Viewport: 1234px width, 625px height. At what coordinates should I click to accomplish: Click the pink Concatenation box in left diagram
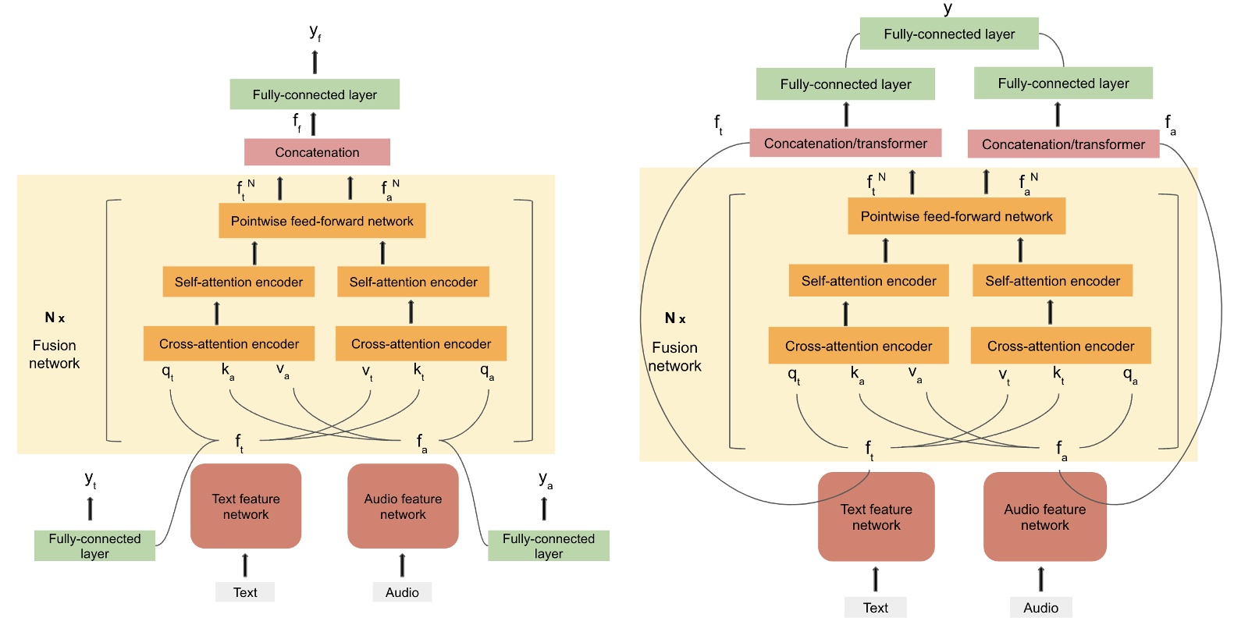[x=317, y=152]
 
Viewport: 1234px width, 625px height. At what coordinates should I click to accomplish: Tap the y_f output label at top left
[x=315, y=32]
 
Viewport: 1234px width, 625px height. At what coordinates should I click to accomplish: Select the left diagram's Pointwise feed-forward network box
[x=322, y=221]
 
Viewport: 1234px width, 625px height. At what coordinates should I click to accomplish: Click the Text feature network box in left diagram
[x=246, y=506]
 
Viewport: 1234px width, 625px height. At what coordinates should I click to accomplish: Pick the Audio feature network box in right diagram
[x=1044, y=517]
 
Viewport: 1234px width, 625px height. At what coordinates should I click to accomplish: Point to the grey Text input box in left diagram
[x=245, y=592]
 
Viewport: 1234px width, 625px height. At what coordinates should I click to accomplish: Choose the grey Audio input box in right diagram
[x=1040, y=608]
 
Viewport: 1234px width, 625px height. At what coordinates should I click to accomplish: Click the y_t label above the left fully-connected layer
[x=91, y=480]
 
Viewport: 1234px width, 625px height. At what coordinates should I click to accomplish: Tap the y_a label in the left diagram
[x=546, y=480]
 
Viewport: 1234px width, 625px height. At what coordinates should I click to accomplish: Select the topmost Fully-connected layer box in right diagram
[x=949, y=34]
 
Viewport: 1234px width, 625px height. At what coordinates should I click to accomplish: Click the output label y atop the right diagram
[x=948, y=8]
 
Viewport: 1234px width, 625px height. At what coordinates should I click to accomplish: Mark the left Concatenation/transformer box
[x=845, y=144]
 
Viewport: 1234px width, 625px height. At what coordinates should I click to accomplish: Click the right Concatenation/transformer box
[x=1063, y=144]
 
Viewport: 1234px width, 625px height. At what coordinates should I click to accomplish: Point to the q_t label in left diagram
[x=168, y=372]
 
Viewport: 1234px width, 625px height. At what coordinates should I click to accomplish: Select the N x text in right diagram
[x=675, y=318]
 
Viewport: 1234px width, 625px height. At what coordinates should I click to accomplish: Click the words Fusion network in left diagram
[x=55, y=354]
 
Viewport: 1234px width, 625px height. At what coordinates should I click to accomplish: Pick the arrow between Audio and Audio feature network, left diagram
[x=402, y=565]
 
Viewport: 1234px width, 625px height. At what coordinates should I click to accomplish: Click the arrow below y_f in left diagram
[x=315, y=62]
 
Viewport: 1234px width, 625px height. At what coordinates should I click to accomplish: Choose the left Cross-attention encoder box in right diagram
[x=859, y=346]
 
